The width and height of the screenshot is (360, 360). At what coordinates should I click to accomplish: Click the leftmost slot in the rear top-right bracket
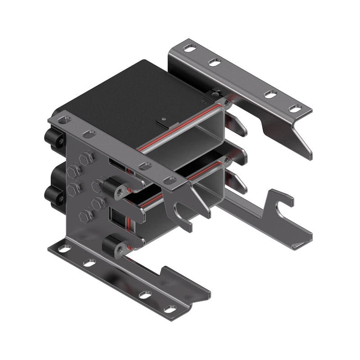click(x=190, y=48)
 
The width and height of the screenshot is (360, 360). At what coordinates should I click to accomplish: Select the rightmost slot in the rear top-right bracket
click(x=295, y=108)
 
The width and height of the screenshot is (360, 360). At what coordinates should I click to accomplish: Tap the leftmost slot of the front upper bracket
click(x=64, y=120)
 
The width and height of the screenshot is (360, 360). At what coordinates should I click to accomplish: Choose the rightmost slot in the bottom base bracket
click(x=170, y=309)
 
